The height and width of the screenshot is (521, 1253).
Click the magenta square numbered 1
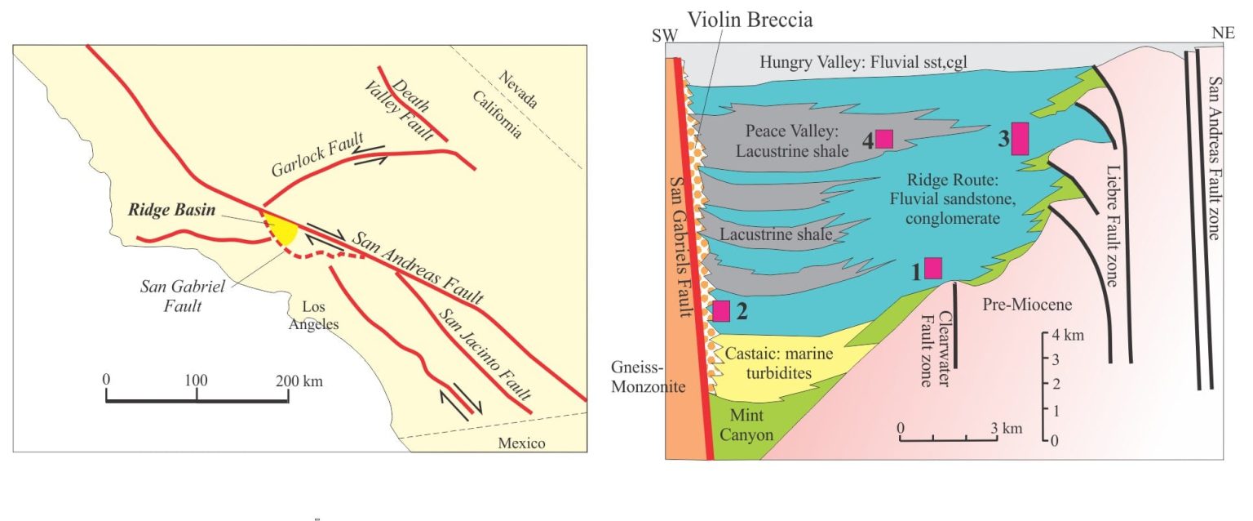pos(933,268)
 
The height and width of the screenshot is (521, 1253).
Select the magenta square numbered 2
pos(721,311)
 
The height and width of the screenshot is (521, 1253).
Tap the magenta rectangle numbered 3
pos(1021,138)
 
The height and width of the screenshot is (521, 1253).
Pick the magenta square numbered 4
pos(884,138)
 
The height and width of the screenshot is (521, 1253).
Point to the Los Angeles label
pos(313,315)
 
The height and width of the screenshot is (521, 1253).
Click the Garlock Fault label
pos(317,155)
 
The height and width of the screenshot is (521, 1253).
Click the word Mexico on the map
pos(521,443)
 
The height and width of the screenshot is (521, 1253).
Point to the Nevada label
pos(518,90)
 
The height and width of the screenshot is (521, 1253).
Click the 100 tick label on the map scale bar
pos(197,381)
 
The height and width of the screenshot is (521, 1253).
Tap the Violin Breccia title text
pos(750,20)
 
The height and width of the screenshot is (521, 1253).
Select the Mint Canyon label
pos(746,425)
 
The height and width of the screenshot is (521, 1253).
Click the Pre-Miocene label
pos(1027,305)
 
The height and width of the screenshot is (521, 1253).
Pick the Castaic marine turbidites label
pos(779,363)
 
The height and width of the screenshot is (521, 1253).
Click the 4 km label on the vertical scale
pos(1068,335)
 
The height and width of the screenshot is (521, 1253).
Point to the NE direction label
pos(1223,33)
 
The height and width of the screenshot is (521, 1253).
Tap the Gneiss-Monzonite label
pos(649,376)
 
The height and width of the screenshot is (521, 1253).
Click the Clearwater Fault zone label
pos(936,349)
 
